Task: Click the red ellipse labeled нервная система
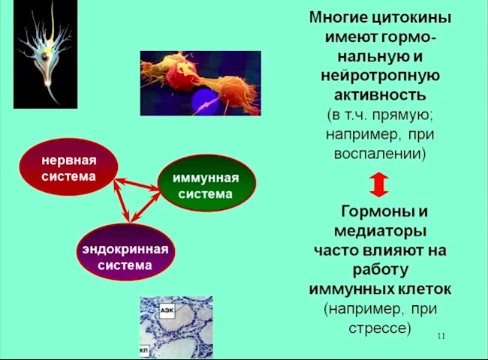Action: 68,167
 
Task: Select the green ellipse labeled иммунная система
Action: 206,183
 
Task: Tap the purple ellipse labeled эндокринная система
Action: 125,252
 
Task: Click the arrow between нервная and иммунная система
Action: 137,184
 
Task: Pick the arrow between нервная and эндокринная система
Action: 122,200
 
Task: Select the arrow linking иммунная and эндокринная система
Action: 146,207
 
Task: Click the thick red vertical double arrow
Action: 378,185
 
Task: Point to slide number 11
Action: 441,336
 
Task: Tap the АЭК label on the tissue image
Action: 167,310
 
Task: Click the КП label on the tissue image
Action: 144,350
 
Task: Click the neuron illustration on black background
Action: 46,55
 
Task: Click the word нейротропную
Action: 380,76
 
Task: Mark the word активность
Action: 380,94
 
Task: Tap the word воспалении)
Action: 380,154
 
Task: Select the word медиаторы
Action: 380,231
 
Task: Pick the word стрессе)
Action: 380,328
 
